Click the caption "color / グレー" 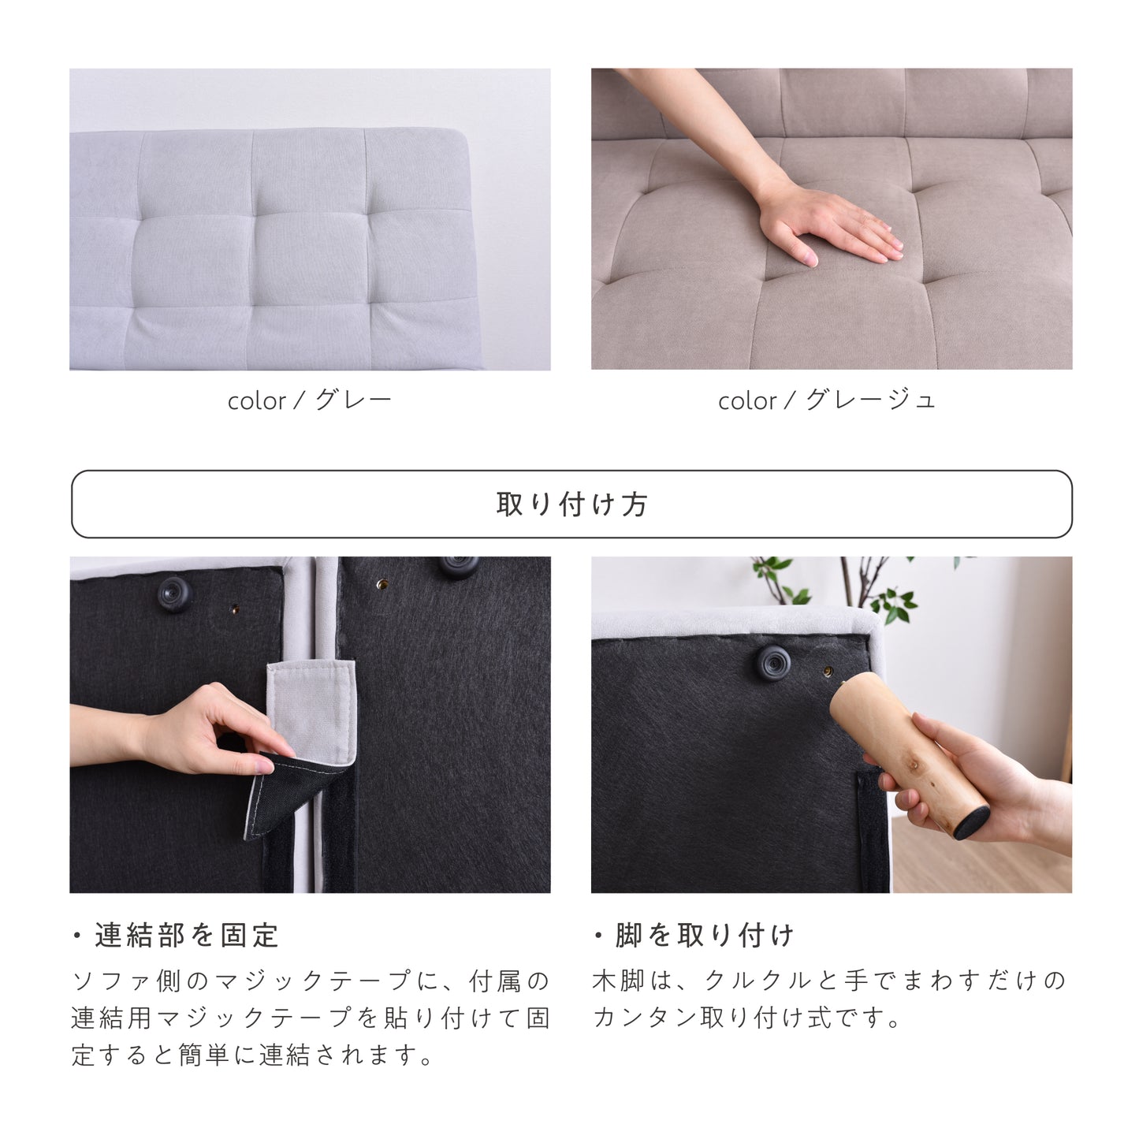310,400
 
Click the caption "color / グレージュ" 827,400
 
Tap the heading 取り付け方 571,504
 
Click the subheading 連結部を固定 187,936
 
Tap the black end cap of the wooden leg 973,821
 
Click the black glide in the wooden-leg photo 774,663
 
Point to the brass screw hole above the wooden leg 828,671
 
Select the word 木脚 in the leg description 618,982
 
